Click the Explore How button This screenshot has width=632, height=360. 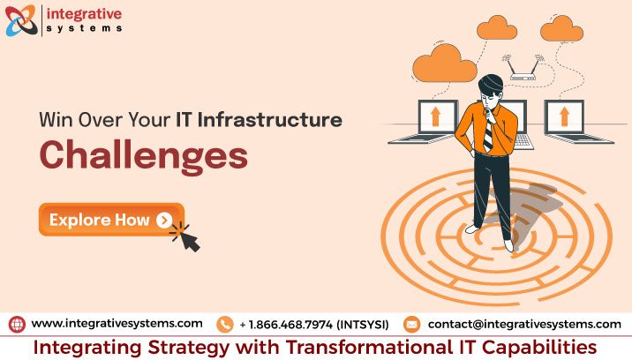[110, 220]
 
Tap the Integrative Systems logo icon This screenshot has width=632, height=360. [21, 21]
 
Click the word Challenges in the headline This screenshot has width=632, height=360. [142, 154]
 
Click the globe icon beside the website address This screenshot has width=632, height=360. [17, 324]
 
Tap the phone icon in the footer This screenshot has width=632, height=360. [224, 324]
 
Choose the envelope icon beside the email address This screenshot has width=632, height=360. [412, 324]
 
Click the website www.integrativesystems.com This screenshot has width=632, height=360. [117, 324]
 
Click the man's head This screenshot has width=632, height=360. [490, 92]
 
